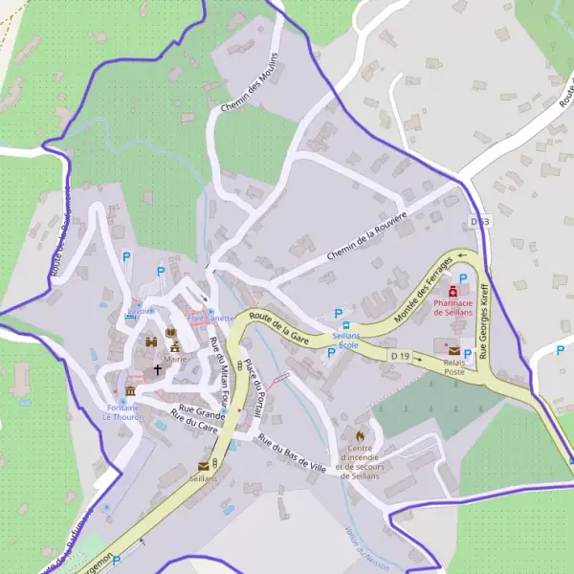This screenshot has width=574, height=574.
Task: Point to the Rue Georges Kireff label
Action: coord(488,320)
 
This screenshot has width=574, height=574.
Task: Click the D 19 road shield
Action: coord(400,356)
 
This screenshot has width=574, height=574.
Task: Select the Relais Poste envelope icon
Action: coord(453,351)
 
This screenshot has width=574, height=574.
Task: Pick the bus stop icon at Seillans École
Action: coord(346,325)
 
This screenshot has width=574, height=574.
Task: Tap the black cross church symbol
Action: coord(158,368)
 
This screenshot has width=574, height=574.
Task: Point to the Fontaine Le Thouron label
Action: coord(122,412)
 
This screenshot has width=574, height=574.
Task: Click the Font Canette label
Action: coord(210,318)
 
